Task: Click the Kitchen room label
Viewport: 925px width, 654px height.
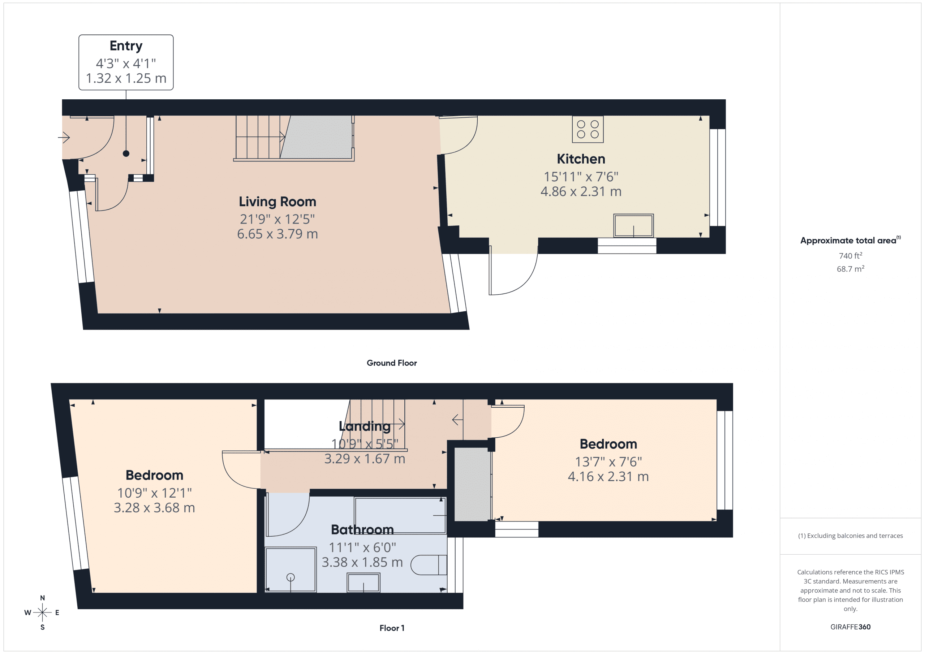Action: [581, 159]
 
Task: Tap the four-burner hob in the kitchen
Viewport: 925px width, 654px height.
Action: [588, 129]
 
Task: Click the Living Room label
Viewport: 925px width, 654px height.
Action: [277, 202]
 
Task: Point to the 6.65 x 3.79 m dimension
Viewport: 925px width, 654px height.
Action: [277, 234]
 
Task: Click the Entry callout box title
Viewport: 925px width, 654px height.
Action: [126, 46]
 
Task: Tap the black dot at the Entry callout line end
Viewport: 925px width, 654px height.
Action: [126, 153]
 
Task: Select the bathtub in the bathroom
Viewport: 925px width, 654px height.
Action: [400, 515]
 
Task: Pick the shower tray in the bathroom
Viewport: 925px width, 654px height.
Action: [291, 569]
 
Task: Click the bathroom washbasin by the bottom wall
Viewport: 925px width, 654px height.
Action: [363, 583]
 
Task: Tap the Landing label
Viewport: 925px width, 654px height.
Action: [364, 426]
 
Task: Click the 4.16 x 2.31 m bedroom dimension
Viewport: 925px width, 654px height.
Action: [608, 477]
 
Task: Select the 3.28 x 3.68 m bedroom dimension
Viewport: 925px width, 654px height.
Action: [154, 508]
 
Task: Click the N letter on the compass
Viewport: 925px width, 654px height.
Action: [42, 598]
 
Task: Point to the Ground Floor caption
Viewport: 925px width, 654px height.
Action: [391, 363]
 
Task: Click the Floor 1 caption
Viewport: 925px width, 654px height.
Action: [392, 628]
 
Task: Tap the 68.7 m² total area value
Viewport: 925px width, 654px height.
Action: [850, 269]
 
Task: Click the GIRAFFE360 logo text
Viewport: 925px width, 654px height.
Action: [850, 627]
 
